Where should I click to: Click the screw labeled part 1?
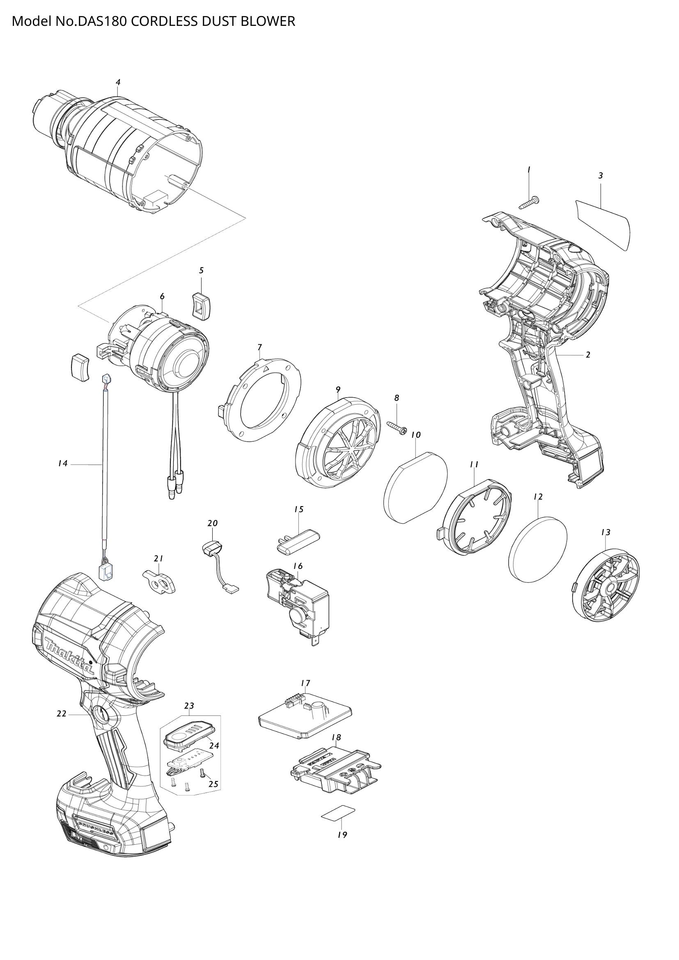pos(529,204)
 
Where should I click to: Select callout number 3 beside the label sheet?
pos(601,176)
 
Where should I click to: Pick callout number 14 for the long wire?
pos(63,463)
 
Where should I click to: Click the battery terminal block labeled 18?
pos(335,768)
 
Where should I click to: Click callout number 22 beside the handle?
pos(62,714)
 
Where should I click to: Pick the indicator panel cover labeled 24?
pos(189,737)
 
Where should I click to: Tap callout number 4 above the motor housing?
pos(118,83)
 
